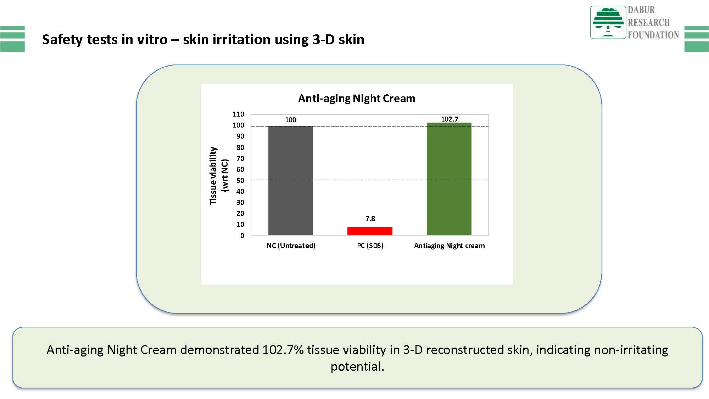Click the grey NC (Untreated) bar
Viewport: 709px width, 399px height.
point(291,180)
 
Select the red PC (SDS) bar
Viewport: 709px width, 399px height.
point(370,231)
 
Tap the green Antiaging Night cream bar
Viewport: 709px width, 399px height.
point(449,179)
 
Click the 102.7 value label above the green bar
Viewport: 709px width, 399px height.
point(450,119)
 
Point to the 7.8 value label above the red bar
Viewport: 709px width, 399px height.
point(370,219)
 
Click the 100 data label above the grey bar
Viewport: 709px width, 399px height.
point(291,120)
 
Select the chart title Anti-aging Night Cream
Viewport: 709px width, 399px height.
point(357,98)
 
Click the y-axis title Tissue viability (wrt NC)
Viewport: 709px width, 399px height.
point(219,176)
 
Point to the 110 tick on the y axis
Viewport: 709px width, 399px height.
point(239,114)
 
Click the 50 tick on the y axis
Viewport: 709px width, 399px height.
point(240,180)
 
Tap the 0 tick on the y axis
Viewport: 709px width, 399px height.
point(242,236)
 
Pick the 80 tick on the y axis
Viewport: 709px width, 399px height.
point(240,147)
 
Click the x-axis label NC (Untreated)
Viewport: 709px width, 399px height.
point(291,246)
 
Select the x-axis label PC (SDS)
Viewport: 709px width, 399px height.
point(370,246)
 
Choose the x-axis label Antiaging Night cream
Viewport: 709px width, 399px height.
point(449,246)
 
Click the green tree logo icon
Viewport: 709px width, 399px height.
point(608,22)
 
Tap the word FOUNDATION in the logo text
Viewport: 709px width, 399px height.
point(653,35)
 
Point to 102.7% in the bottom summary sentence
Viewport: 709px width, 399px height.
point(283,350)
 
